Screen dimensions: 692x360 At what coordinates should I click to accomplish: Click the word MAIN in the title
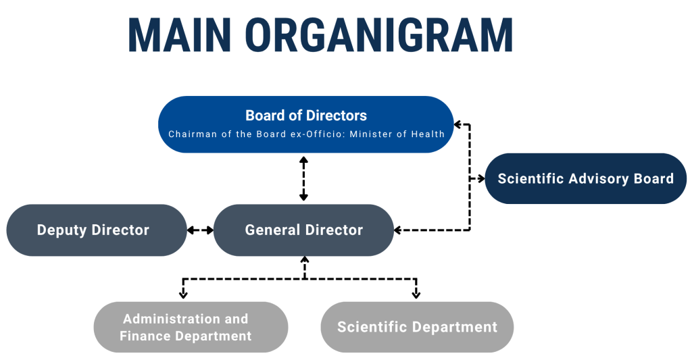179,35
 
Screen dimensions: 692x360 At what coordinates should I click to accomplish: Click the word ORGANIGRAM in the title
379,35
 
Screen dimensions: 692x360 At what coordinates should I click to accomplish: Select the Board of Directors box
306,124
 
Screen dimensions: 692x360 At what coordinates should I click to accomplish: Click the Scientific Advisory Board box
586,179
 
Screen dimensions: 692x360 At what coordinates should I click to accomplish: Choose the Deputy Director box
97,230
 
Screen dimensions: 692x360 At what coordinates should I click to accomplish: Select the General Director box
303,230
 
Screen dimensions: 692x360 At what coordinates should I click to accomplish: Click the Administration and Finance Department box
191,327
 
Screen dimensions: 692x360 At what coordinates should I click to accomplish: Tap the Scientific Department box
417,327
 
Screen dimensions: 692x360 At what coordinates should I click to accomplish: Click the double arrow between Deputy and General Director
200,230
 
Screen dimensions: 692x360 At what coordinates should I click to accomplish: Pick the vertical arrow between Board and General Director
303,179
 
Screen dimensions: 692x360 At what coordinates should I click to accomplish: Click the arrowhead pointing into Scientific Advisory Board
481,179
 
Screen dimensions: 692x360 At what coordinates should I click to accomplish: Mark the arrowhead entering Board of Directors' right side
458,125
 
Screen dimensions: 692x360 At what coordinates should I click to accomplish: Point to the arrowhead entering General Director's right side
398,230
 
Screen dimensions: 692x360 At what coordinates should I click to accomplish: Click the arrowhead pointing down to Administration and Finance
183,294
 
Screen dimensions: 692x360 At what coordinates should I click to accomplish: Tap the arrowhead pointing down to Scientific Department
416,294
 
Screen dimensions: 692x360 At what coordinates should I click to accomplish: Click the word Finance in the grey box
146,336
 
